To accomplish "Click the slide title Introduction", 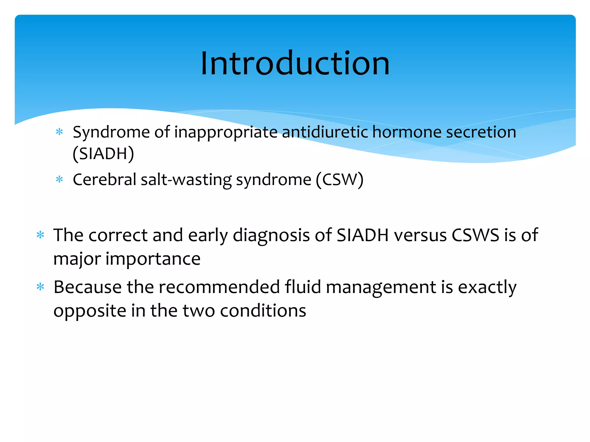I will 295,63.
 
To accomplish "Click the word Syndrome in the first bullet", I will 111,132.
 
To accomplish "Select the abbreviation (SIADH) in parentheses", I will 103,153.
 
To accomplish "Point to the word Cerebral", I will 104,180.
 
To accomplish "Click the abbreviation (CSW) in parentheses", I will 340,180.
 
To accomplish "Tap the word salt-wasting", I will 186,180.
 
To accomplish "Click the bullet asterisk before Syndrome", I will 59,132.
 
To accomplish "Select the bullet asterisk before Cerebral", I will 59,180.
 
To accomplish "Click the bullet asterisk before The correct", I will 40,235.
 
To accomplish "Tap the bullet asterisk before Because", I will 40,287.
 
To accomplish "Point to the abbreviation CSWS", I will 475,235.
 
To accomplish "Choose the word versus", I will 420,235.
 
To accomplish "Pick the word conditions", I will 263,311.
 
